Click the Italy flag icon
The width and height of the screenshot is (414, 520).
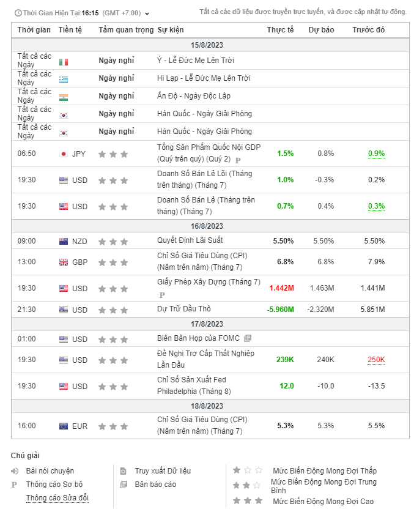[x=64, y=62]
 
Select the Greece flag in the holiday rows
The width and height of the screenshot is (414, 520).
[x=64, y=80]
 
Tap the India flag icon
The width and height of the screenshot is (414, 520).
[x=64, y=97]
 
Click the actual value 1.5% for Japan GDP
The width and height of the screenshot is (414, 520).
[x=285, y=154]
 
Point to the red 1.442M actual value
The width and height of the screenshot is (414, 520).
[x=281, y=288]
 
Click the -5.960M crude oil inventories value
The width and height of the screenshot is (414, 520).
[x=280, y=309]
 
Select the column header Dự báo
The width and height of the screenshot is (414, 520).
[x=321, y=30]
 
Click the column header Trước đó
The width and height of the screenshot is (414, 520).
[x=368, y=30]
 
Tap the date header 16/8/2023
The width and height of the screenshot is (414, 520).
[x=207, y=226]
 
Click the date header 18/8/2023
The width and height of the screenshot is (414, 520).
[x=207, y=406]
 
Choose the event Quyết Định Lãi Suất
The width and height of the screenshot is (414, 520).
[x=190, y=240]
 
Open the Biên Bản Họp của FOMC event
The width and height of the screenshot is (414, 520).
[x=198, y=338]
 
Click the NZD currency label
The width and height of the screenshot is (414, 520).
[x=79, y=242]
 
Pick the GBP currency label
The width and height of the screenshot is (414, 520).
[x=79, y=262]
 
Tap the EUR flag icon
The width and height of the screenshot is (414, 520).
[x=64, y=426]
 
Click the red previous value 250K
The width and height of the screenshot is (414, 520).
[x=376, y=360]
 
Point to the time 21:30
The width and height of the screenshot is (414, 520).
[x=26, y=310]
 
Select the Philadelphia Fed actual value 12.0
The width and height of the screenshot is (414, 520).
[x=286, y=386]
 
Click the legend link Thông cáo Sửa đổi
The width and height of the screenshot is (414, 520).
[x=57, y=498]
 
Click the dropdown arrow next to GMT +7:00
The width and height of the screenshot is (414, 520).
[x=147, y=13]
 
